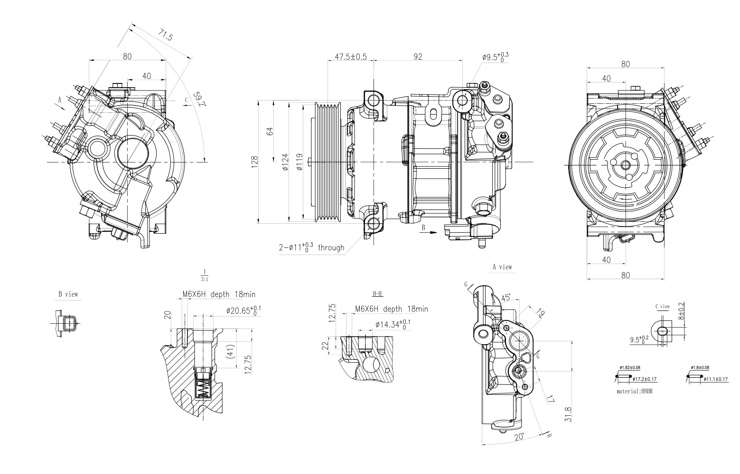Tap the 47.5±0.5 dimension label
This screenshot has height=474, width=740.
pyautogui.click(x=351, y=57)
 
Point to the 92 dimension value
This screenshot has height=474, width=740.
pyautogui.click(x=418, y=57)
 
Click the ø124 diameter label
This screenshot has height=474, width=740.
pyautogui.click(x=284, y=162)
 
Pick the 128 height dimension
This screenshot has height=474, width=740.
pyautogui.click(x=255, y=162)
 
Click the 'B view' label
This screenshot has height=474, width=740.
pyautogui.click(x=68, y=294)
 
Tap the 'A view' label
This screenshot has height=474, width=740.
pyautogui.click(x=502, y=267)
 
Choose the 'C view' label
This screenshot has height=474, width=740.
pyautogui.click(x=662, y=306)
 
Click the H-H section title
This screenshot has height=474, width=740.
pyautogui.click(x=378, y=294)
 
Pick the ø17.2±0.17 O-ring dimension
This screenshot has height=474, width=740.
pyautogui.click(x=645, y=379)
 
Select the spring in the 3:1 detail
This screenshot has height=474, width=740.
pyautogui.click(x=203, y=389)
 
